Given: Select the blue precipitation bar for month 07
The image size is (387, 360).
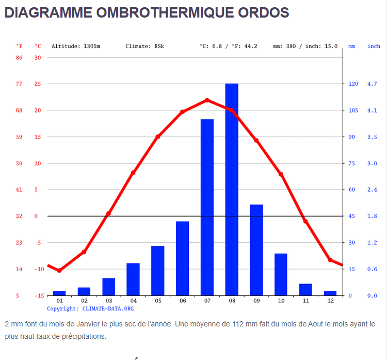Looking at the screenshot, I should [x=207, y=207].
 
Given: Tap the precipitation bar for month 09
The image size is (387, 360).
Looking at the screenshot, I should [x=256, y=250].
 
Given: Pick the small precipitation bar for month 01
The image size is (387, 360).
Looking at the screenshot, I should [x=59, y=293].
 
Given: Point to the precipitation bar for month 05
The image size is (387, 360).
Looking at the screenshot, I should [x=158, y=271].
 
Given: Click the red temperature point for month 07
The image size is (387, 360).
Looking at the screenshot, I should [x=207, y=100].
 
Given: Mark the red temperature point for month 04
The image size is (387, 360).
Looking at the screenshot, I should [x=133, y=173].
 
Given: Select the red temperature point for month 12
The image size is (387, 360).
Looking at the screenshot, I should [x=330, y=260].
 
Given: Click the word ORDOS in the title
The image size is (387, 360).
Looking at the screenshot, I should [x=263, y=13].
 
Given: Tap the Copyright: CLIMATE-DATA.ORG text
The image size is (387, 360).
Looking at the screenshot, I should [x=90, y=308].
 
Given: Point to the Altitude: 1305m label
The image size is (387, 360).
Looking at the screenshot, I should [x=76, y=46].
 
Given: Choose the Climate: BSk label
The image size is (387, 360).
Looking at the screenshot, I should [x=144, y=46].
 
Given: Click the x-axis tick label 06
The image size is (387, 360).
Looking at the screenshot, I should [x=183, y=301].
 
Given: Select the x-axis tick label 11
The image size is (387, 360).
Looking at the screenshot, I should [x=305, y=301].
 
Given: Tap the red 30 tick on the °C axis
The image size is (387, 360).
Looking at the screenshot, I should [x=38, y=57].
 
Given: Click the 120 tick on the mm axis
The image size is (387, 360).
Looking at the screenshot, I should [x=353, y=84].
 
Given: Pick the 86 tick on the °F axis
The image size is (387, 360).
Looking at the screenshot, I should [x=19, y=57].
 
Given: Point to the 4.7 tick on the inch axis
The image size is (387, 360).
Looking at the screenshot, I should [x=372, y=84].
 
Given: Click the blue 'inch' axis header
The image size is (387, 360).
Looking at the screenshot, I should [x=374, y=46].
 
